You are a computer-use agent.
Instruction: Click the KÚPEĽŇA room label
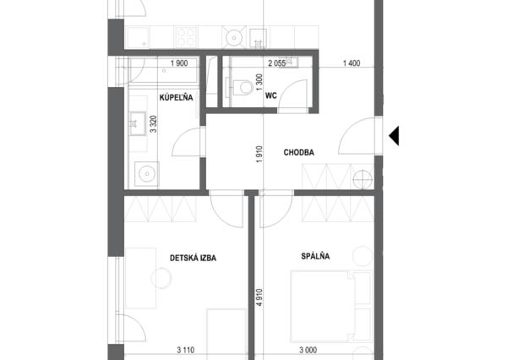177,97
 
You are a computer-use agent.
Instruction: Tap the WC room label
271,95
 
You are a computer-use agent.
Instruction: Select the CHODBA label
299,152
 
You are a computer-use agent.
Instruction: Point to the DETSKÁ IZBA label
193,258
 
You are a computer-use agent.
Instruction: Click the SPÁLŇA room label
315,256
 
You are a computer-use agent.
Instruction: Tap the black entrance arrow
394,135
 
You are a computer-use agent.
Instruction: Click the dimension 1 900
179,63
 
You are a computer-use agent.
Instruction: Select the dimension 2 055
277,63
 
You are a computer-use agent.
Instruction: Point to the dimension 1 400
352,63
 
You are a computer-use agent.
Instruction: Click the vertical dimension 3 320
154,124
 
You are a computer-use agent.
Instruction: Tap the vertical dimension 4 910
259,297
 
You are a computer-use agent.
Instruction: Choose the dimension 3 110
186,350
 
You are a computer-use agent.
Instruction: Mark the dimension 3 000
308,350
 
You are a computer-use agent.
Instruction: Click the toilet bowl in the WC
243,87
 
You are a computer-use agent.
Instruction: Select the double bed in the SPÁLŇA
331,306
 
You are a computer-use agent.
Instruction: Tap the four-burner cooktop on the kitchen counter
186,37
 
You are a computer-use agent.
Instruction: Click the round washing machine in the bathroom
147,174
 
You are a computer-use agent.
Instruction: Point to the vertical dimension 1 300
259,83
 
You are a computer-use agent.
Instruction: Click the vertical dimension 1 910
259,155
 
